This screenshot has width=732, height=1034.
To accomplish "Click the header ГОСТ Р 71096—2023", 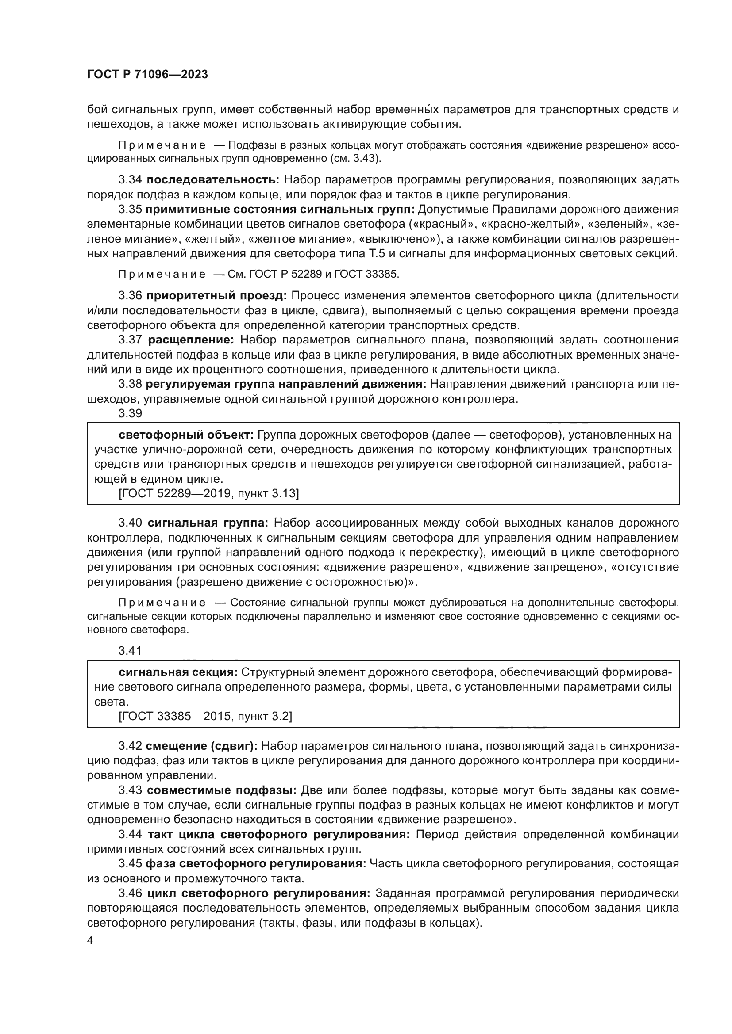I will point(147,75).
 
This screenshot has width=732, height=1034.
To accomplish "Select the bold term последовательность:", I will point(213,179).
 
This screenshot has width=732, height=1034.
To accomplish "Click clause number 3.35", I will point(130,210).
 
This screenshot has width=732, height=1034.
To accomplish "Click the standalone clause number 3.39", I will point(130,413).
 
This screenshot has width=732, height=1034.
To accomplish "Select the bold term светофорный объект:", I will point(187,435).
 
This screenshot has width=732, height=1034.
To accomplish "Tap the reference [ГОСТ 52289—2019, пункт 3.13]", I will point(209,494).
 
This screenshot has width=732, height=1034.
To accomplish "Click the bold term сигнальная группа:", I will point(208,523).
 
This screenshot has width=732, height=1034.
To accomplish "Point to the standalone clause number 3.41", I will point(130,650).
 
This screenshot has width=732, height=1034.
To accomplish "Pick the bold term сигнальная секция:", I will point(178,672).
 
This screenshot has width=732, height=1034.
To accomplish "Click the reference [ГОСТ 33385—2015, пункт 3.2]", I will point(205,717).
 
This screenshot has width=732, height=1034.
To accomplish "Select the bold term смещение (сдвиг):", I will point(201,746).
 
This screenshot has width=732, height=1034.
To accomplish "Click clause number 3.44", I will point(130,835).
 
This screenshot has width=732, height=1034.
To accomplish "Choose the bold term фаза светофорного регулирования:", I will point(255,864).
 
